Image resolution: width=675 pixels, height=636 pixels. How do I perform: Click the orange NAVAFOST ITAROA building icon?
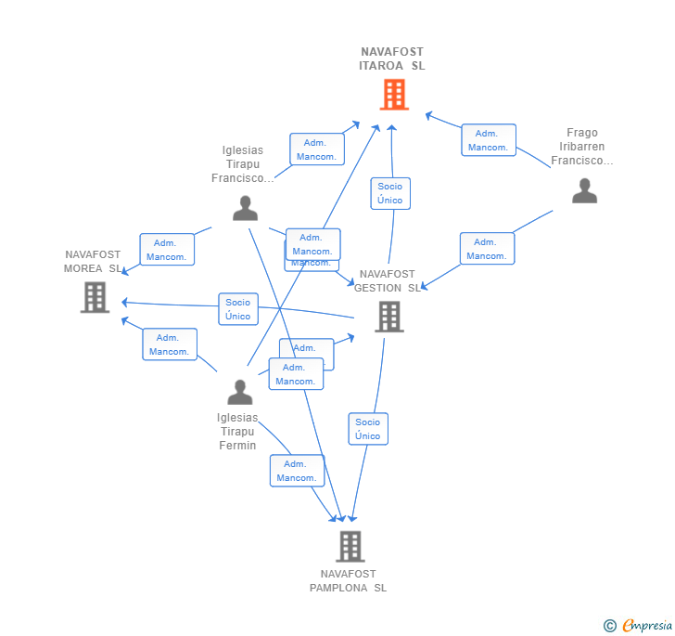click(394, 95)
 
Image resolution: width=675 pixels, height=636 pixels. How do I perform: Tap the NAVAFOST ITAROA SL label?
click(392, 58)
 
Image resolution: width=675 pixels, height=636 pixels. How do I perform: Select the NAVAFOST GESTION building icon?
click(388, 317)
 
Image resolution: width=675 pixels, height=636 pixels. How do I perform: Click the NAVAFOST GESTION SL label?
click(387, 280)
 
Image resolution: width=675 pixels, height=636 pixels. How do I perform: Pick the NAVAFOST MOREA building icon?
click(95, 297)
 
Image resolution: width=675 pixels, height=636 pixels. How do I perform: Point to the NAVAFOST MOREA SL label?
click(93, 261)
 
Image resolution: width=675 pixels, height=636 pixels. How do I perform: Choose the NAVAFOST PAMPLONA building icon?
click(350, 546)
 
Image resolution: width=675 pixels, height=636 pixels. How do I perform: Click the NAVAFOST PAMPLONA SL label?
click(349, 580)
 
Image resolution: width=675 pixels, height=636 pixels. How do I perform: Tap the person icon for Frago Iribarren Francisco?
click(584, 190)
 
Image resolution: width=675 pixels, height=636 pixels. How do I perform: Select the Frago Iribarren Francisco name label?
click(582, 147)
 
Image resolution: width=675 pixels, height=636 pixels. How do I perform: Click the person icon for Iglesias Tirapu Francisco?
click(245, 208)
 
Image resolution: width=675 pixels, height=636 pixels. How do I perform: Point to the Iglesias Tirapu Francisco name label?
click(243, 164)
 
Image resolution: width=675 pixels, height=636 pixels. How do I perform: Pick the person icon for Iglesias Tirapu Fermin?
click(239, 392)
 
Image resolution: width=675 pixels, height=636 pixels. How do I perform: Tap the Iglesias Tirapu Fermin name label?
click(237, 432)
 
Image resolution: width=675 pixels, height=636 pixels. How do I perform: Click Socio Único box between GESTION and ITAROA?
click(390, 193)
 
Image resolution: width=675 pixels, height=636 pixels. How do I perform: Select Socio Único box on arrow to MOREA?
click(238, 308)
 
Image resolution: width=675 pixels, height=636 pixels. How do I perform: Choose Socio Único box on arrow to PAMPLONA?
click(368, 429)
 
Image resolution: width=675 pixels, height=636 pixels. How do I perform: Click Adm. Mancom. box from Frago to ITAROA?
click(488, 140)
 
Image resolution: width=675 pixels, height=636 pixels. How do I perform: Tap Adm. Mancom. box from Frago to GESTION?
click(486, 249)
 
